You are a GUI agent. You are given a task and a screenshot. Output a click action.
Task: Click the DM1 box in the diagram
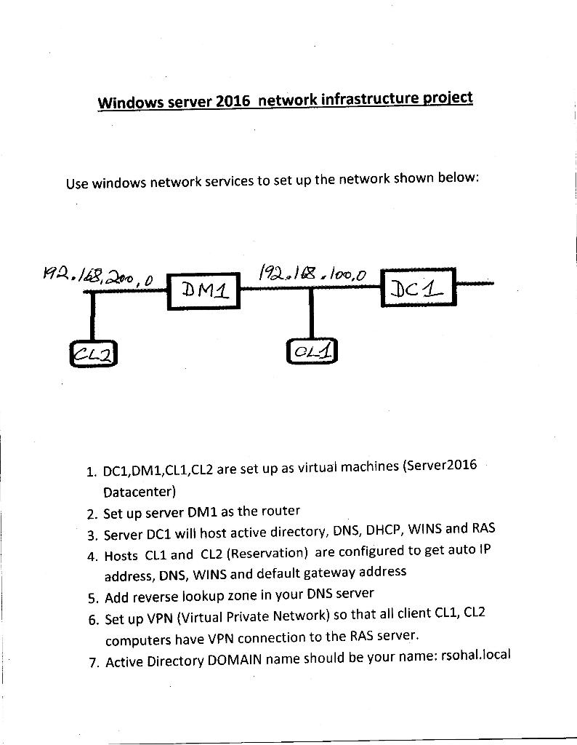tap(204, 292)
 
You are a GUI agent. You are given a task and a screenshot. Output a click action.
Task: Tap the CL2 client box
tap(94, 354)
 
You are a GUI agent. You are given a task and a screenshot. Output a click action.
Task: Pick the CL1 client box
tap(312, 351)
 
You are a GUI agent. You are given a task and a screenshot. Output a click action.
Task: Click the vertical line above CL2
tap(93, 316)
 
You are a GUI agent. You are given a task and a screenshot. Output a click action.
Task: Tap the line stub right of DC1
tap(475, 283)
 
